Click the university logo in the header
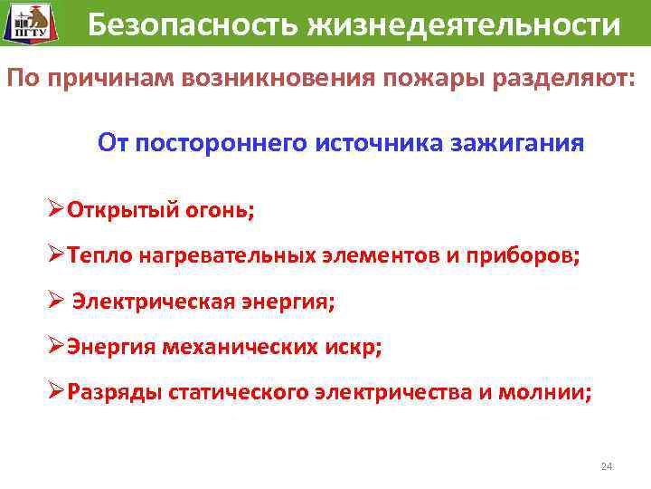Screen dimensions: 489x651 click(x=27, y=25)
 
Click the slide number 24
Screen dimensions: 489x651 click(x=607, y=466)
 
